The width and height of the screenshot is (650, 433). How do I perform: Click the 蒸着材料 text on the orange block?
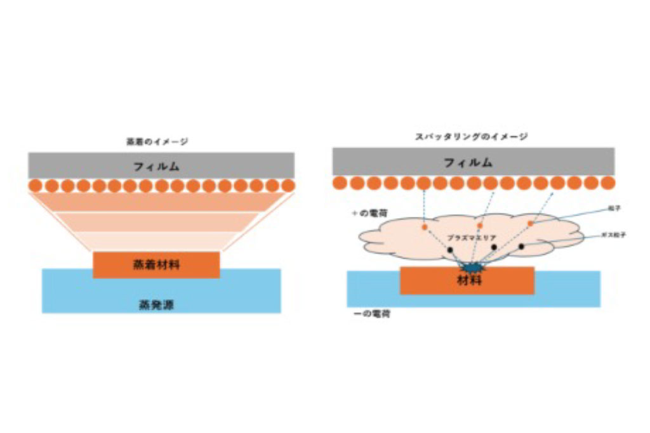pos(156,264)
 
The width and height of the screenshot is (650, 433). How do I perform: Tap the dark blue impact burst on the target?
pos(472,269)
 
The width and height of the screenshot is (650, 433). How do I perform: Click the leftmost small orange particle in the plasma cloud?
pos(424,226)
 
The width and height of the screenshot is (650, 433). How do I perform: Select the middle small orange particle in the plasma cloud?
pos(480,225)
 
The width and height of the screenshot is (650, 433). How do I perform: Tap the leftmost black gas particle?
pos(450,250)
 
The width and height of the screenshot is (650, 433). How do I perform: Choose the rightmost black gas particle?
pos(522,245)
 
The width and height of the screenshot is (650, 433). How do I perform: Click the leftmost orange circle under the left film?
pos(36,186)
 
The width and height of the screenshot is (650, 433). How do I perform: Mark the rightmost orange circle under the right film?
pos(607,183)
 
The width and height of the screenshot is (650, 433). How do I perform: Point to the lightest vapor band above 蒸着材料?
pos(156,242)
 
